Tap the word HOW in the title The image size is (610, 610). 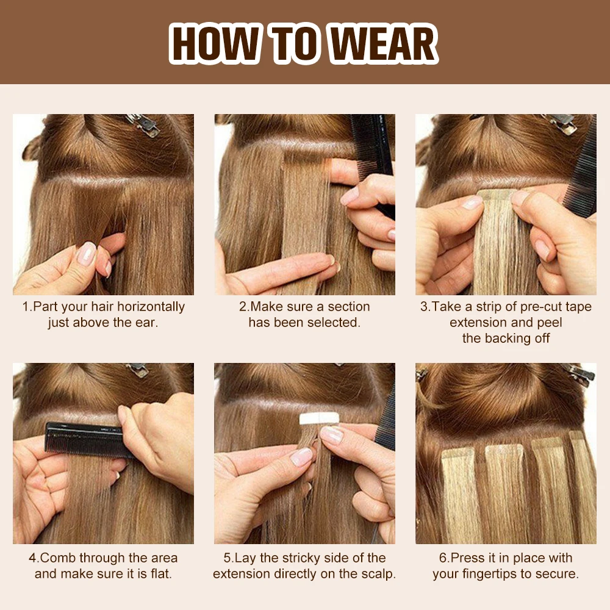[213, 43]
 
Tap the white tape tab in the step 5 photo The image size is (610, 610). [320, 418]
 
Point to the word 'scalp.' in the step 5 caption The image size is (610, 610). [378, 574]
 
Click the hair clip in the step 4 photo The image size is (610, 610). [138, 370]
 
